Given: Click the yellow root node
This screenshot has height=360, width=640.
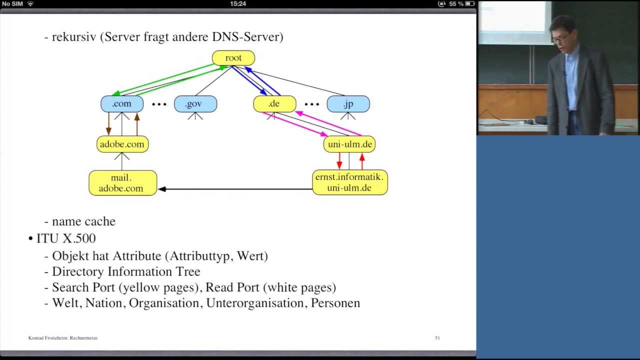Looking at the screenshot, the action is tap(233, 58).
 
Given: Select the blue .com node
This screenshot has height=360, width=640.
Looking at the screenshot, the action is tap(122, 103).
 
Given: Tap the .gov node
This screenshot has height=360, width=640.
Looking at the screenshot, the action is tap(195, 103).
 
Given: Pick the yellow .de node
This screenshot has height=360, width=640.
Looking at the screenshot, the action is tap(274, 103).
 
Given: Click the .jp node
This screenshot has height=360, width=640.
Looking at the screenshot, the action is tap(348, 103).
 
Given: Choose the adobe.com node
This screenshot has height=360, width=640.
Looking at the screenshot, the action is tap(122, 144).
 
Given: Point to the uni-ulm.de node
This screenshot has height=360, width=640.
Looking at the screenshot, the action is tap(349, 144).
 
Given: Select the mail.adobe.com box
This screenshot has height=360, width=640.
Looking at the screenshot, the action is tap(123, 183).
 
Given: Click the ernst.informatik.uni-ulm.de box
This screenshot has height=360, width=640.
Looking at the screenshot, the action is tap(350, 182).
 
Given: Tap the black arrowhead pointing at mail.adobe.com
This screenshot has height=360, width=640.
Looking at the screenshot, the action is tap(162, 189).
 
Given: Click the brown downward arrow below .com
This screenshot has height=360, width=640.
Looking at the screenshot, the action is tap(108, 123).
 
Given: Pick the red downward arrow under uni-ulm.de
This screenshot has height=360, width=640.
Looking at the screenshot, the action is tap(339, 161).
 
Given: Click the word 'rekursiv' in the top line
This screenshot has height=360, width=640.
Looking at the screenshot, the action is tap(74, 37).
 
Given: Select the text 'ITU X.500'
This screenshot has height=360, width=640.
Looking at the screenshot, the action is tap(66, 238).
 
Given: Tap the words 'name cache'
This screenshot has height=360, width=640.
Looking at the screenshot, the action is tap(83, 221).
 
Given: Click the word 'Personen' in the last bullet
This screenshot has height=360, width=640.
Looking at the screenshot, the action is tap(335, 303).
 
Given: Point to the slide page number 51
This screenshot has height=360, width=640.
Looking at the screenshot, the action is tap(437, 337).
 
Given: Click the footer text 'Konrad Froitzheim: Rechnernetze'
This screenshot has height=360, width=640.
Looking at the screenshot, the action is tap(63, 337).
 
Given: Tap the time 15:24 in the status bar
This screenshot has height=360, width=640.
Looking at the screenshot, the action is tap(238, 3).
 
